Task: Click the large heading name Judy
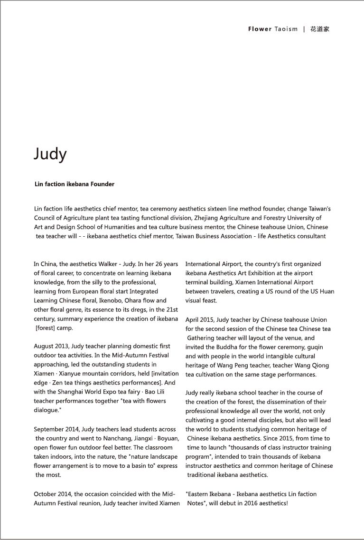(50, 154)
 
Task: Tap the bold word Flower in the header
(260, 29)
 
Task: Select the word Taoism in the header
(286, 29)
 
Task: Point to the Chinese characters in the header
(320, 29)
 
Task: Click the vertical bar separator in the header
(304, 29)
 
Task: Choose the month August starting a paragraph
(45, 347)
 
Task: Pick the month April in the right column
(193, 320)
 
